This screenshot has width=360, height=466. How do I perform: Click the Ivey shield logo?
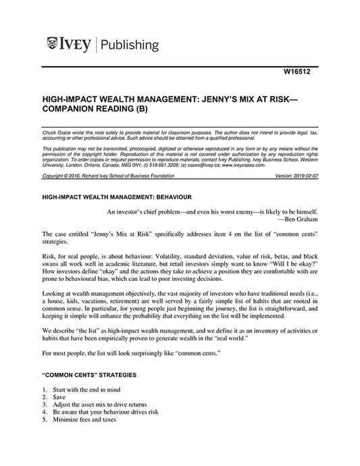tap(53, 45)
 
